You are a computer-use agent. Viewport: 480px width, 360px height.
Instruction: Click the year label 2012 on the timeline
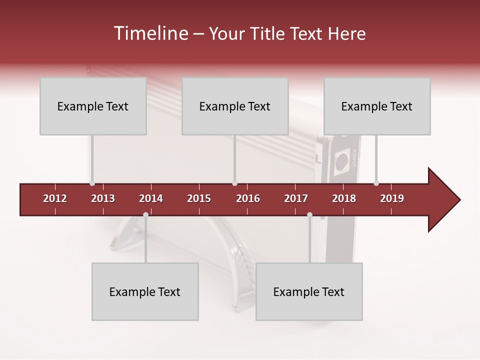[x=55, y=198]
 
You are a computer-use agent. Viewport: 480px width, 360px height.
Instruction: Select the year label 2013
[x=103, y=198]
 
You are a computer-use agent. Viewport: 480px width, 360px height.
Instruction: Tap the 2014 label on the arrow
[x=151, y=198]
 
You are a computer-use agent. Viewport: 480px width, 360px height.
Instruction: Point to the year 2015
[x=199, y=198]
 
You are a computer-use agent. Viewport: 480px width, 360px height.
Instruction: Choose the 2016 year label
[x=248, y=198]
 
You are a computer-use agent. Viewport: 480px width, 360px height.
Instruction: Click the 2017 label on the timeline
[x=296, y=198]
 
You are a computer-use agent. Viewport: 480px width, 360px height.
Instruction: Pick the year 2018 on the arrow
[x=344, y=198]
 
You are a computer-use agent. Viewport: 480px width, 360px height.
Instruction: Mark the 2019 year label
[x=392, y=198]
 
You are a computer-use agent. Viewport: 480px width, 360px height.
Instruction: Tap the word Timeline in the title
[x=150, y=33]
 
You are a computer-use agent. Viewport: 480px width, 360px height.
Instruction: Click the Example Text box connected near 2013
[x=93, y=106]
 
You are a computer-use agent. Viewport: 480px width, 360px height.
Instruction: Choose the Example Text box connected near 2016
[x=235, y=106]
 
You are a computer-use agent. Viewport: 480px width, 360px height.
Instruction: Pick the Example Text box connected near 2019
[x=377, y=106]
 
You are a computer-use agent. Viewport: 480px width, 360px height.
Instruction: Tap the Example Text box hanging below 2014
[x=145, y=291]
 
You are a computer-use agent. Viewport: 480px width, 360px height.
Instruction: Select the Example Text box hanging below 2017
[x=309, y=291]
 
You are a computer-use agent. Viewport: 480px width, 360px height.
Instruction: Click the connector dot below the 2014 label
[x=145, y=215]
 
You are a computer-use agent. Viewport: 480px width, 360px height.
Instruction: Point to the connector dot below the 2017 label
[x=309, y=215]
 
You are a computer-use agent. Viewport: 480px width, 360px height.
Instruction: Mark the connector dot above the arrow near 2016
[x=235, y=183]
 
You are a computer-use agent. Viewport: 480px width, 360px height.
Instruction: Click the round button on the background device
[x=341, y=161]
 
